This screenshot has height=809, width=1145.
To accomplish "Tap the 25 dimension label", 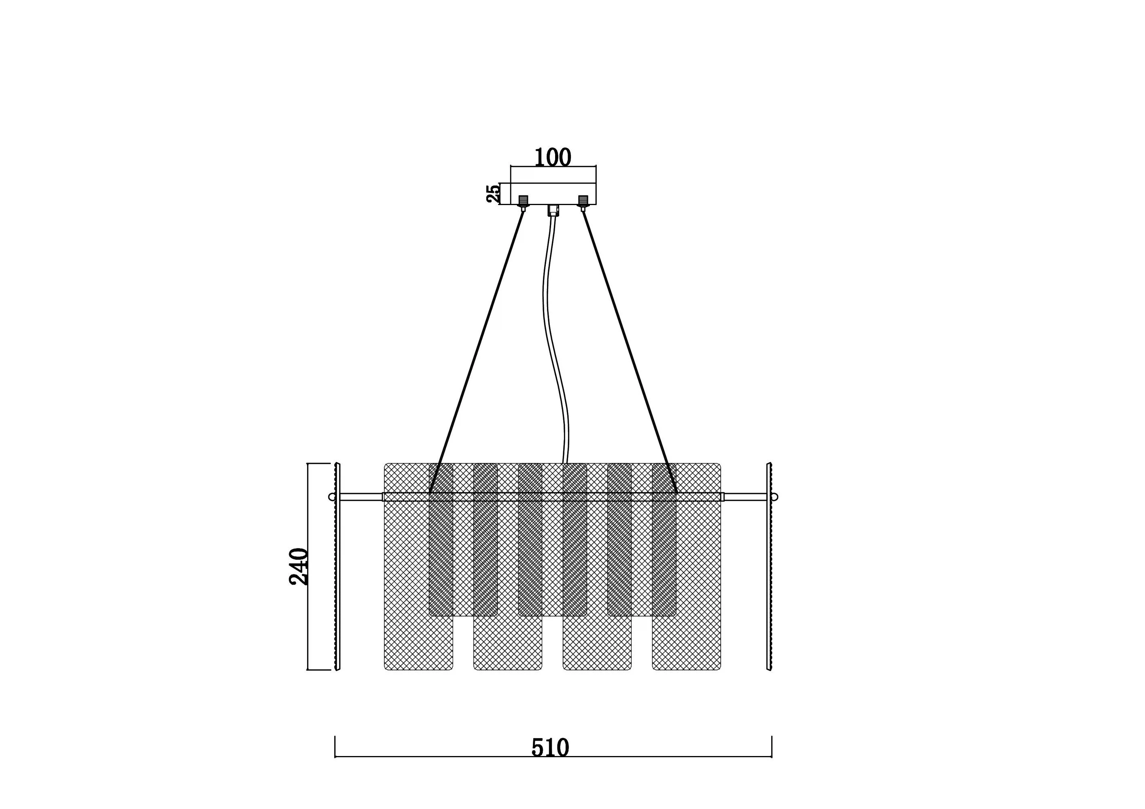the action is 493,193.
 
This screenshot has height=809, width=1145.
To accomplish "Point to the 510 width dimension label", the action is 550,748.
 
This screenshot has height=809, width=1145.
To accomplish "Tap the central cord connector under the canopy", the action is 553,210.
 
